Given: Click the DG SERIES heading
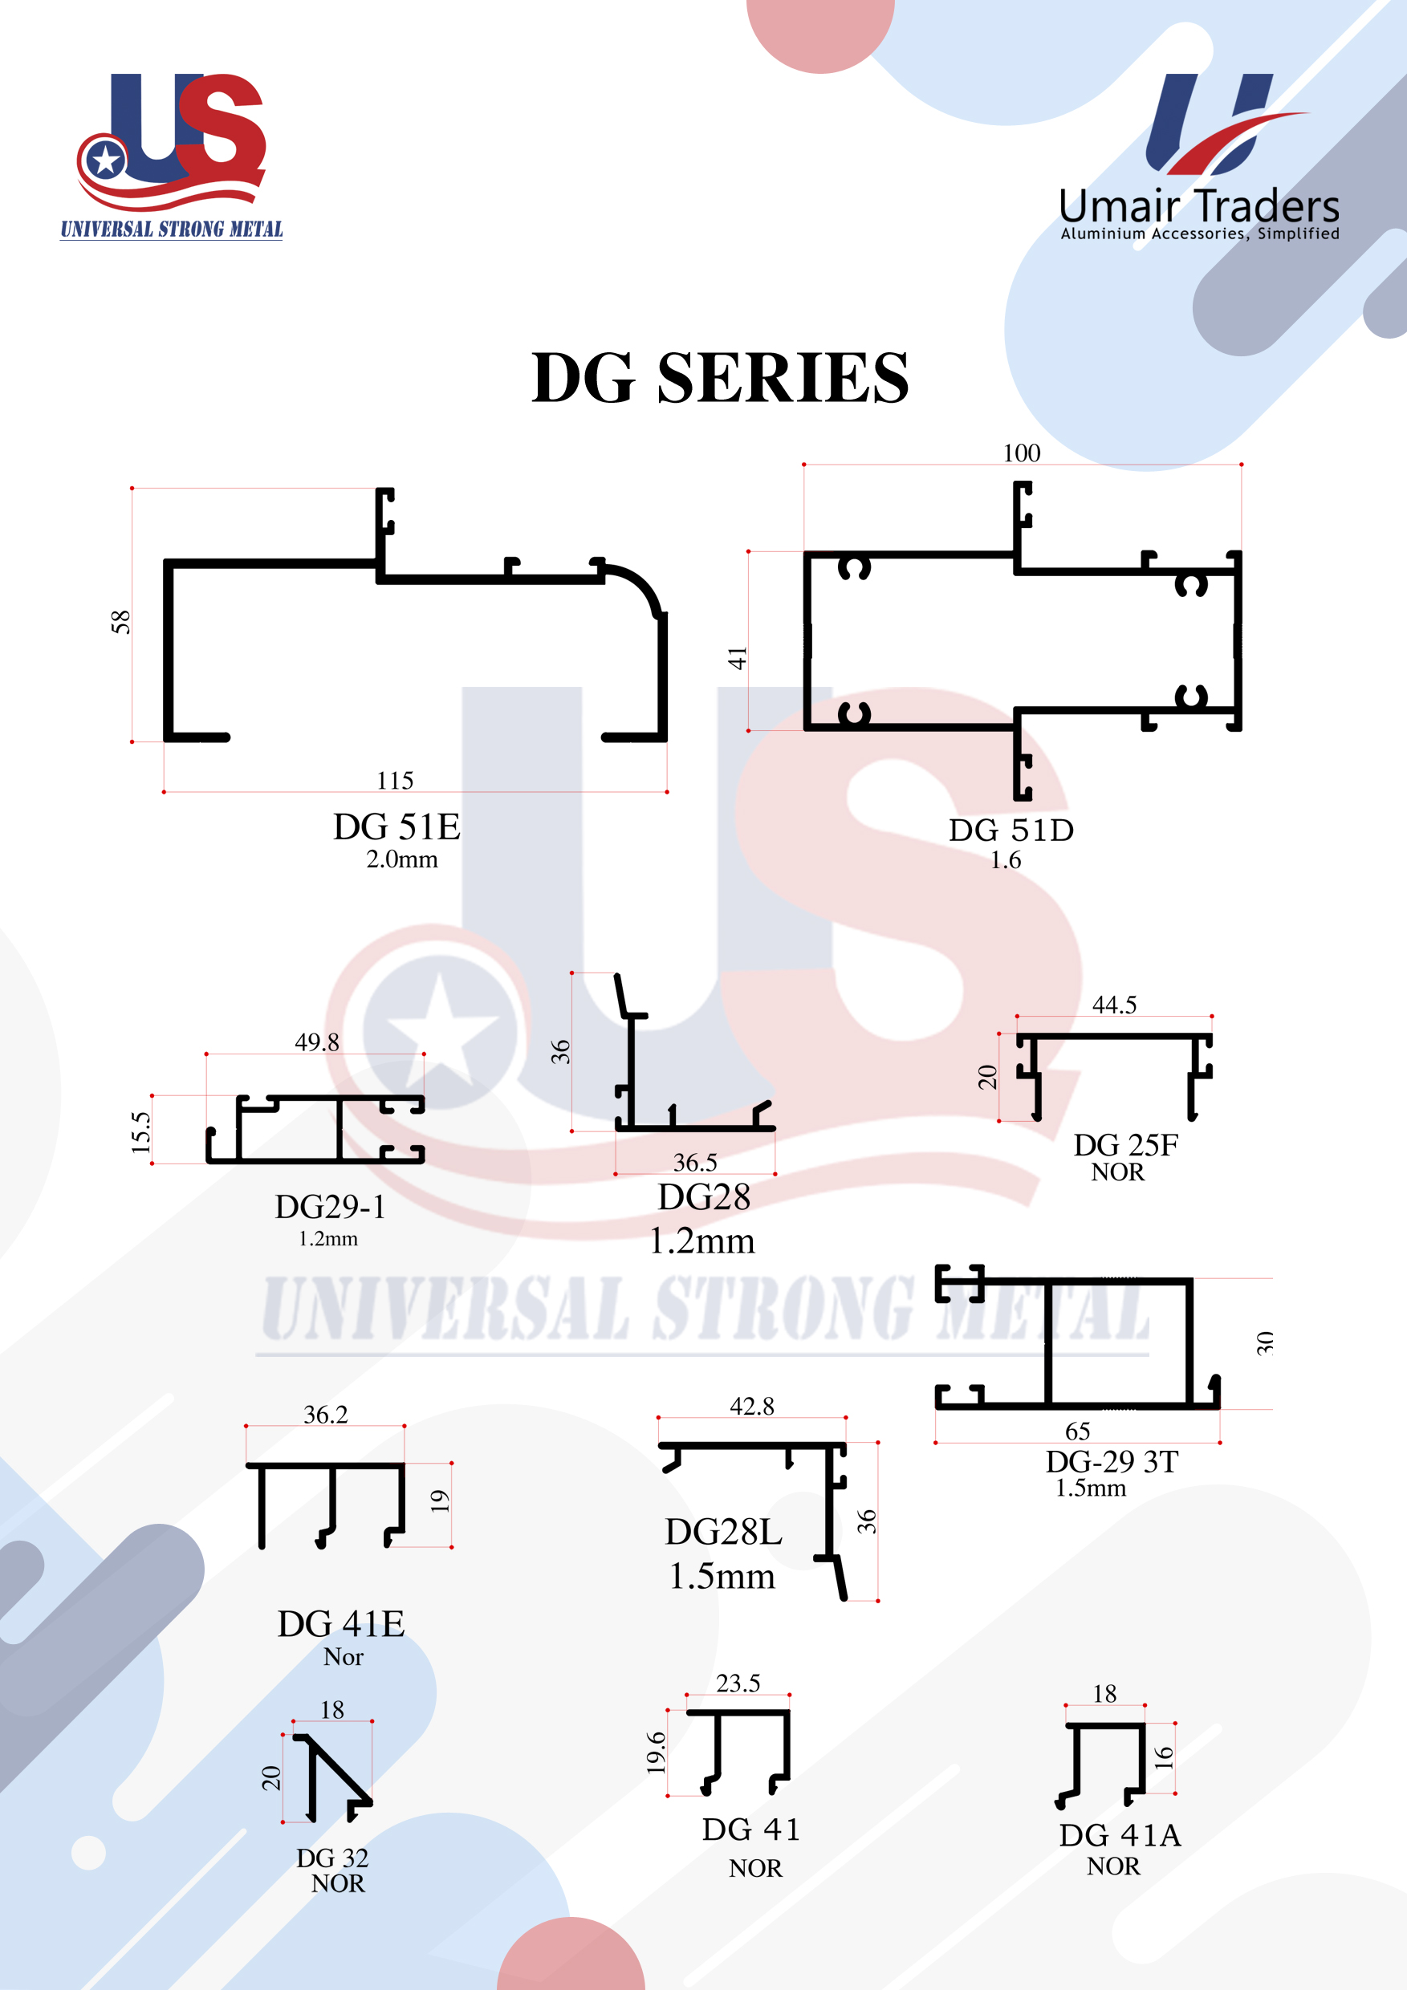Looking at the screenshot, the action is [x=719, y=378].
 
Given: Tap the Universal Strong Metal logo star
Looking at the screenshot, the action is [x=106, y=160].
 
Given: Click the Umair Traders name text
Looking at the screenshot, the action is [x=1199, y=207].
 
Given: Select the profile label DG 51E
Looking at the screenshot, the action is [x=396, y=826].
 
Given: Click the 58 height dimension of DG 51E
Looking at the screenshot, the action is [x=120, y=621].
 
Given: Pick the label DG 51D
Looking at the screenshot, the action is [x=1011, y=831].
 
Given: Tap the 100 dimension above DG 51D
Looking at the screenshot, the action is [x=1021, y=453].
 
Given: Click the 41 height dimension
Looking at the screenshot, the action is [x=737, y=658].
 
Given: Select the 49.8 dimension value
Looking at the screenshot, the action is [x=316, y=1042].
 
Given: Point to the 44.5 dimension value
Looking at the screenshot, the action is [x=1114, y=1005].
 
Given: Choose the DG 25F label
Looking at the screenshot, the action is [x=1125, y=1145].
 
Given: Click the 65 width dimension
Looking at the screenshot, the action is [x=1078, y=1431].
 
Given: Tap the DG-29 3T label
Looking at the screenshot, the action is [x=1112, y=1462].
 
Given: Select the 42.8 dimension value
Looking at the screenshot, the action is [x=751, y=1406].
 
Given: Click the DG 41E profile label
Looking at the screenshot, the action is [x=340, y=1623].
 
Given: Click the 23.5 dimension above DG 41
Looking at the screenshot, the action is [x=738, y=1683].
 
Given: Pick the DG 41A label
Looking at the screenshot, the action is [x=1120, y=1835].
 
